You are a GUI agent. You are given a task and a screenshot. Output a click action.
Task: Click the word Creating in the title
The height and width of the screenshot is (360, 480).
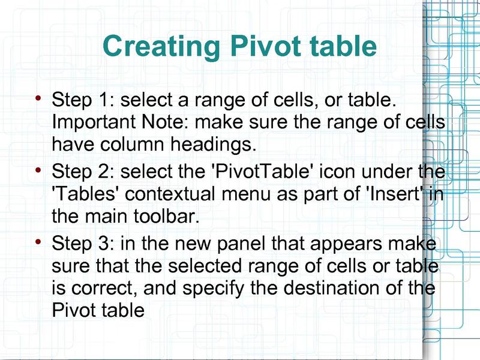(161, 46)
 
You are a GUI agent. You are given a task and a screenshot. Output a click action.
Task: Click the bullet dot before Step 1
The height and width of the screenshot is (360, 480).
(38, 98)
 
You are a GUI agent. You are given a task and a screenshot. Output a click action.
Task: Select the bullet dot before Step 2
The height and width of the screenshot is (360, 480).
(38, 170)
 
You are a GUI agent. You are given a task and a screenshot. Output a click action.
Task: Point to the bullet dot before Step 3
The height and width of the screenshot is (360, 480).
(38, 242)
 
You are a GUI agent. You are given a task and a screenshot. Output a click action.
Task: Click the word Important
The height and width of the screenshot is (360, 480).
(94, 122)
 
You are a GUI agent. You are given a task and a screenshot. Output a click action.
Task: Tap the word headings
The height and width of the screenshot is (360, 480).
(214, 145)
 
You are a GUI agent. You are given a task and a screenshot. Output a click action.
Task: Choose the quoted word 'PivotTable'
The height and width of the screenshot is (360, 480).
(261, 171)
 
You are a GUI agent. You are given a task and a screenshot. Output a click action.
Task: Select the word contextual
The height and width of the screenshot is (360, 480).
(170, 194)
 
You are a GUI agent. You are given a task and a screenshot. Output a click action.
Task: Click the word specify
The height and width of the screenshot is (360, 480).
(214, 289)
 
